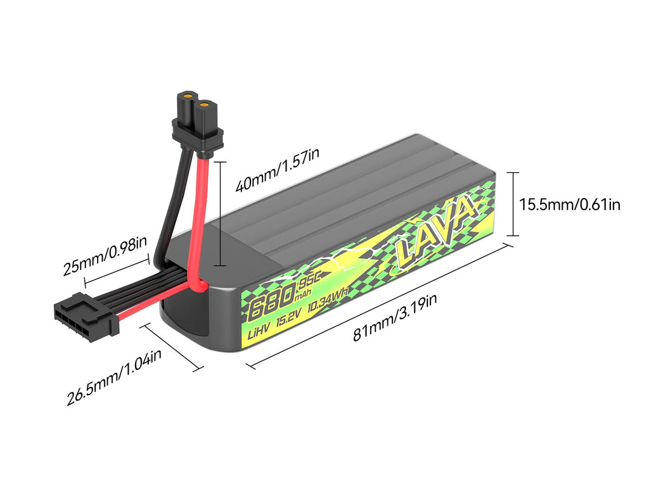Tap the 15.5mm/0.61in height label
569,204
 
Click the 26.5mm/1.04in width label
115,378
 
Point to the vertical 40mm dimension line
219,213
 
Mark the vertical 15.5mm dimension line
513,204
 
